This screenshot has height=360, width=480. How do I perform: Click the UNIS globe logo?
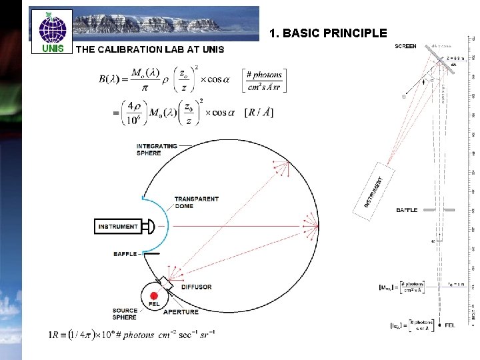tap(52, 28)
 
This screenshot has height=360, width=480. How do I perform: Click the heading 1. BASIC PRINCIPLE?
tap(328, 33)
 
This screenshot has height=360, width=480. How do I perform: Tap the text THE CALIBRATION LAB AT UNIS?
tap(151, 49)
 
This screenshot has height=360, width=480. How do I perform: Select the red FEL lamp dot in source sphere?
tap(154, 295)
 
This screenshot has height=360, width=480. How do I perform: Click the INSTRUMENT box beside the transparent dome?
tap(119, 227)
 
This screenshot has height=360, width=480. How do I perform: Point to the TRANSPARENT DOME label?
tap(196, 203)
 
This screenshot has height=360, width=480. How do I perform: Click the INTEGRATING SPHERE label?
tap(157, 149)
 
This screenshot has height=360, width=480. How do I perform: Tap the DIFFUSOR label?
tap(195, 287)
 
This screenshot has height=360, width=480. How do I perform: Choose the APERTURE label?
tap(180, 312)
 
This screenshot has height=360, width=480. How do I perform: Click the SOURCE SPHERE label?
tap(125, 313)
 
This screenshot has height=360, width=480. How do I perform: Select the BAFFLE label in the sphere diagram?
tap(125, 254)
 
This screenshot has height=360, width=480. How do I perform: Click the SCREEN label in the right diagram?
tap(406, 47)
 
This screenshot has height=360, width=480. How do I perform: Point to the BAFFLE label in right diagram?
tap(407, 210)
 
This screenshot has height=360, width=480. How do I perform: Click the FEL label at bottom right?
tap(449, 325)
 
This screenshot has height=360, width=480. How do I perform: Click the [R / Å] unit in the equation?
tap(259, 112)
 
